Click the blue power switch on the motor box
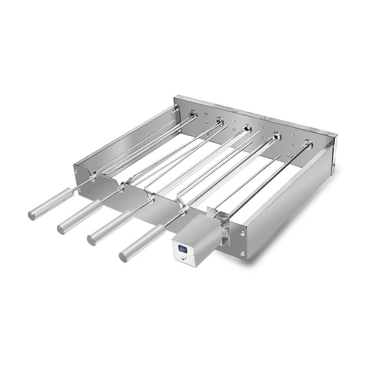[x=183, y=249]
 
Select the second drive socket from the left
[x=218, y=120]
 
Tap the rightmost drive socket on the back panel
[x=307, y=144]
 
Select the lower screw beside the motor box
[x=242, y=254]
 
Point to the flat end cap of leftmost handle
[x=31, y=214]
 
